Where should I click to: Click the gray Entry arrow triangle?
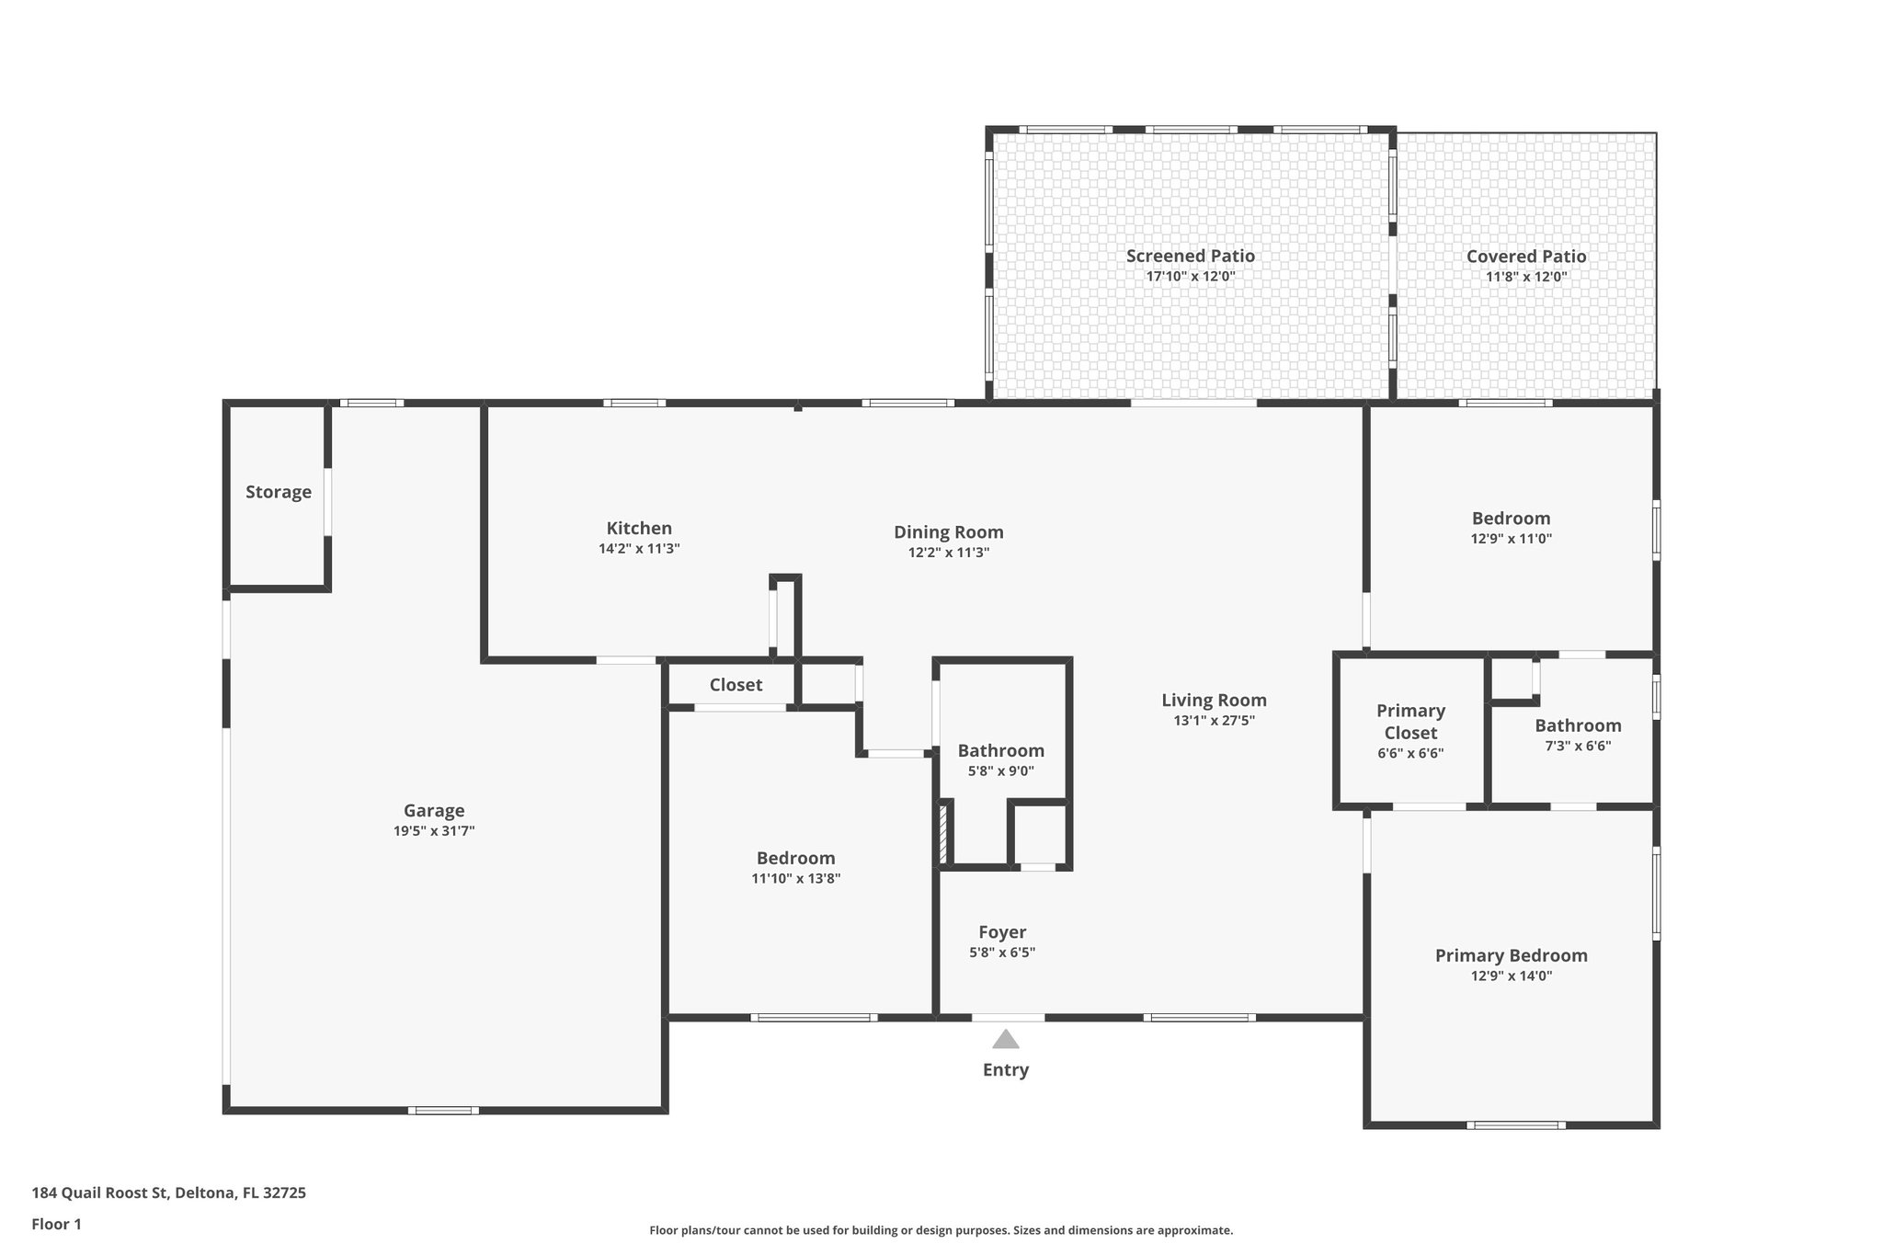[x=1005, y=1040]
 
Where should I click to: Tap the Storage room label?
[x=279, y=492]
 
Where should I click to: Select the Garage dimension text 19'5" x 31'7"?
[x=434, y=831]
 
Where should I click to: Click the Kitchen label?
[x=639, y=528]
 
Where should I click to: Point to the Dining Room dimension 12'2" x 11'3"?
[x=949, y=553]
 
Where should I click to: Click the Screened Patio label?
[x=1190, y=256]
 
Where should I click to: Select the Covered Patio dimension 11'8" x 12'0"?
[x=1526, y=277]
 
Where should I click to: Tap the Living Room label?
[x=1214, y=700]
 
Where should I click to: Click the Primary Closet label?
[x=1410, y=722]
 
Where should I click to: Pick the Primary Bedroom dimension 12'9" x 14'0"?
[x=1512, y=976]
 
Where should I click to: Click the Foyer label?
[x=1002, y=932]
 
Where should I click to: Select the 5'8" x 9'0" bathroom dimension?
[x=1001, y=771]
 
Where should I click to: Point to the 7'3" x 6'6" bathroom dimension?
[x=1578, y=747]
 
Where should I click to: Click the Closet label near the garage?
[x=736, y=685]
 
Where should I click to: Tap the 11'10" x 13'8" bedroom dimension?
[x=796, y=878]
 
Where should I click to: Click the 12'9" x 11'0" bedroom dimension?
[x=1512, y=539]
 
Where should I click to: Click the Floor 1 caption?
[x=57, y=1225]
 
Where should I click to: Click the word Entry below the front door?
[x=1005, y=1069]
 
